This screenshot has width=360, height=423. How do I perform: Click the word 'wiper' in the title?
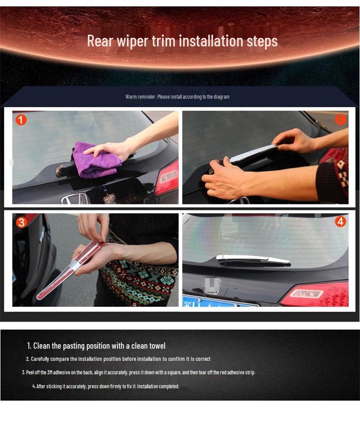click(x=132, y=41)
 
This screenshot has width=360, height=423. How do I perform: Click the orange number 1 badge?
click(x=21, y=119)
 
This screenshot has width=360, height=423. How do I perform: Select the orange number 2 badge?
click(x=340, y=119)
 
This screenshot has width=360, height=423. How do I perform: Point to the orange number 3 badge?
click(x=21, y=222)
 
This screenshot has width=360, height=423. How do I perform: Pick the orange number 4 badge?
click(x=340, y=222)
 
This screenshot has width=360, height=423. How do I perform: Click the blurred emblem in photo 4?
click(x=212, y=286)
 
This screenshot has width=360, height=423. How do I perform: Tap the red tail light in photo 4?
click(x=315, y=294)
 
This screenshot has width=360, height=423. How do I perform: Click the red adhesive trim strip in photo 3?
click(x=70, y=270)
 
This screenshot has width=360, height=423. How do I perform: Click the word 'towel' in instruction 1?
click(x=157, y=346)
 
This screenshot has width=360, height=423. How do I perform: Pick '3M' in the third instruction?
click(x=49, y=373)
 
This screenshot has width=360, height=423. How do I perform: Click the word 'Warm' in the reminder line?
click(x=130, y=96)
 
